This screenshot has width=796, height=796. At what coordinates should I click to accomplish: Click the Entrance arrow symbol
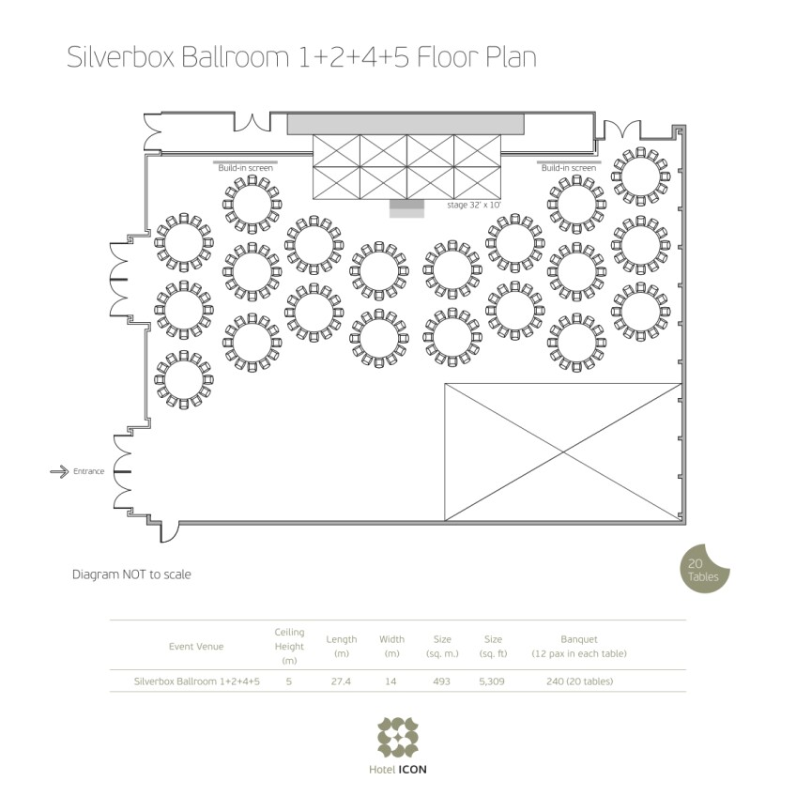click(x=59, y=471)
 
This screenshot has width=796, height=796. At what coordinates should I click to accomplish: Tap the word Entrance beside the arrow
click(x=89, y=471)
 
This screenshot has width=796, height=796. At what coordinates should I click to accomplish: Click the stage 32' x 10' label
click(x=474, y=205)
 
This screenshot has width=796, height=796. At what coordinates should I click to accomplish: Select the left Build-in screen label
click(x=245, y=168)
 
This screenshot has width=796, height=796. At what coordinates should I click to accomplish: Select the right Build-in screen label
click(x=569, y=168)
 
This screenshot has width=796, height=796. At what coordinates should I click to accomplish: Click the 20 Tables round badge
click(x=704, y=569)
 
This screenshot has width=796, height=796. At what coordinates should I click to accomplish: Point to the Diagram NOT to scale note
click(x=131, y=574)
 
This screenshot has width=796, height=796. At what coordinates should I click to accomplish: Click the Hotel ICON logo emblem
click(x=397, y=737)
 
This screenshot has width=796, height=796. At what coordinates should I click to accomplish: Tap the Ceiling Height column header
click(x=289, y=646)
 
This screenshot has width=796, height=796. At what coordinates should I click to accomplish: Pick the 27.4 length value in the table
click(x=341, y=681)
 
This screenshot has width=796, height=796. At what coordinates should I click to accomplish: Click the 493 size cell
click(x=442, y=681)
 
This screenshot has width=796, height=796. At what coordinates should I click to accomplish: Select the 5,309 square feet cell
click(x=492, y=681)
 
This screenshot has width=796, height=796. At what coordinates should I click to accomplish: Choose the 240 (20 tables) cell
click(x=580, y=681)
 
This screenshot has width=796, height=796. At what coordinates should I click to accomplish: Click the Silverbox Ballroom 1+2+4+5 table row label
click(x=197, y=681)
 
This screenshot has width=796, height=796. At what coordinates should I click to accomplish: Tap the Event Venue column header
click(x=196, y=646)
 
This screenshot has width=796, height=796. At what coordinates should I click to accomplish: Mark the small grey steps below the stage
click(x=406, y=208)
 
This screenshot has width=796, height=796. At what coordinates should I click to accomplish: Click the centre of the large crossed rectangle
click(x=563, y=452)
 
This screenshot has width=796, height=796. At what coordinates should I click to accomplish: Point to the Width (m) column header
click(x=392, y=646)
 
